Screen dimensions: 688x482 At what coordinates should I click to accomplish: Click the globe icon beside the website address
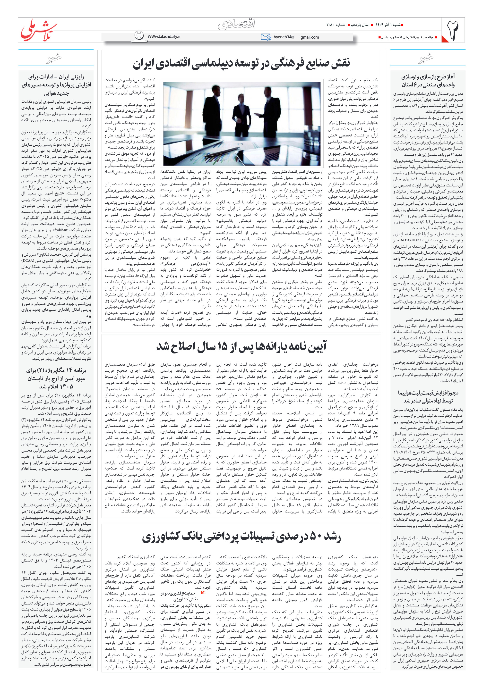(x=139, y=36)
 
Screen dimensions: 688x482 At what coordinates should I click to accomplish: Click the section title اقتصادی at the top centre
(x=237, y=24)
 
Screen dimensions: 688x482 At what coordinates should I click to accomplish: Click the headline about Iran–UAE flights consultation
(x=56, y=85)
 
